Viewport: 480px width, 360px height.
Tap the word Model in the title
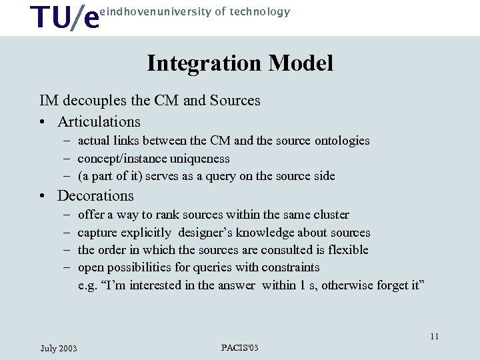click(x=301, y=63)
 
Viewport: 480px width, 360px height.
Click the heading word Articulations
click(x=99, y=122)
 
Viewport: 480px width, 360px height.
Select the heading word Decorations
click(x=95, y=196)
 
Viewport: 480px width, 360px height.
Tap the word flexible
click(x=347, y=250)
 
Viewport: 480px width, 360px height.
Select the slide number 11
click(x=434, y=336)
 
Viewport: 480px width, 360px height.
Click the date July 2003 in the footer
click(x=59, y=349)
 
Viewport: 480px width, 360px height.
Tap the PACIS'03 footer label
click(x=239, y=348)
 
